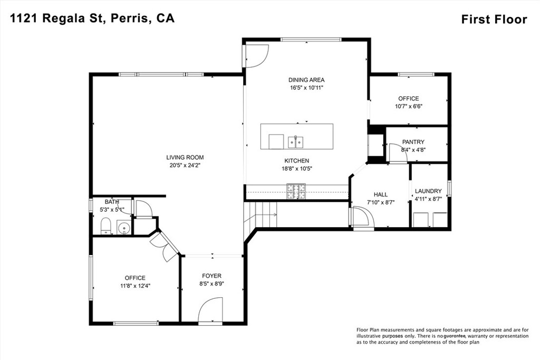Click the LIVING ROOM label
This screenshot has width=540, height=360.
click(x=185, y=157)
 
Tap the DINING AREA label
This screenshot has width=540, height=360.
click(x=306, y=80)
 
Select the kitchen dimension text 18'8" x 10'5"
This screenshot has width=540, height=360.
click(x=296, y=168)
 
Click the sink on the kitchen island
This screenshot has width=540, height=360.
click(x=296, y=142)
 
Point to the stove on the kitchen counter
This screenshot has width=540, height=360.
click(x=296, y=192)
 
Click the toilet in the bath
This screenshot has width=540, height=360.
click(x=105, y=226)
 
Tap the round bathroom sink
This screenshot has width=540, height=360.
click(x=123, y=227)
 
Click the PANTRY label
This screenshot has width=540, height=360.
click(x=413, y=142)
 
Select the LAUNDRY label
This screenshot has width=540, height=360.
click(x=428, y=191)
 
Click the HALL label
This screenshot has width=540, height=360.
click(x=381, y=195)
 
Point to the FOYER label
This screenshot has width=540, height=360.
click(x=211, y=276)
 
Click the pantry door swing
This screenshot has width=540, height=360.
click(x=398, y=152)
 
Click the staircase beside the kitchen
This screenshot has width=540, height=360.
click(x=261, y=215)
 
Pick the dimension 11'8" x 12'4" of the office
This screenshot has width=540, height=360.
click(x=136, y=286)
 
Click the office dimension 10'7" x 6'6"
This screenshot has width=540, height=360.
click(x=409, y=106)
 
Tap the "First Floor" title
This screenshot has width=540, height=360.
click(x=494, y=20)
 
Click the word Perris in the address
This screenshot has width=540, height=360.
click(x=130, y=18)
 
